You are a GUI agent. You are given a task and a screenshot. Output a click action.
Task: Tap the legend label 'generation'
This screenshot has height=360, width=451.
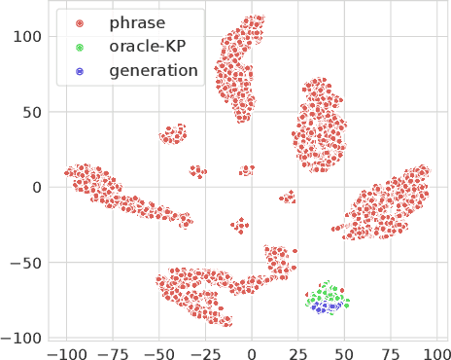pyautogui.click(x=154, y=70)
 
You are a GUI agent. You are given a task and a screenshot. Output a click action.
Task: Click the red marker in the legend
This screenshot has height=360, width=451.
pyautogui.click(x=80, y=22)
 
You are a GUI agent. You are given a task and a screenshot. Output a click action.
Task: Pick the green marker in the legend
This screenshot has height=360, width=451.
pyautogui.click(x=80, y=47)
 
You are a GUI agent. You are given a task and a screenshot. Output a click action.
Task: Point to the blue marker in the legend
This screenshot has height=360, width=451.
pyautogui.click(x=80, y=70)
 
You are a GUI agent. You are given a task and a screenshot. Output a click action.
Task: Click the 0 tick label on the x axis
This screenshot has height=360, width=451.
pyautogui.click(x=253, y=350)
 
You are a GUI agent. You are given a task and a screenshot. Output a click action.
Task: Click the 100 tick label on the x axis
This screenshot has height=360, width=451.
pyautogui.click(x=437, y=350)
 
